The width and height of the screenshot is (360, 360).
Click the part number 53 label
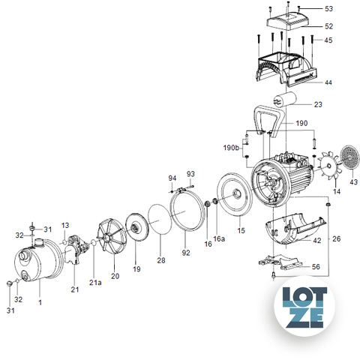click(328, 9)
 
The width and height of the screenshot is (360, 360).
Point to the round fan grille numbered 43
click(350, 157)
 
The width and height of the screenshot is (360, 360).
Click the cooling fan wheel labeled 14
click(328, 166)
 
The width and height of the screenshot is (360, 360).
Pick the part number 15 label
click(241, 230)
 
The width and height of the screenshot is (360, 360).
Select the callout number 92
click(186, 253)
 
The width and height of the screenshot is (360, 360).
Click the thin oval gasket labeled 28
click(160, 219)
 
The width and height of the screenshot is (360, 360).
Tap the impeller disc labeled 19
click(136, 227)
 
